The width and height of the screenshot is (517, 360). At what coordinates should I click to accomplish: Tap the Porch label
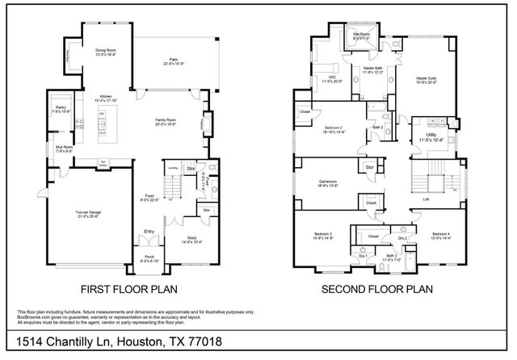point(149,258)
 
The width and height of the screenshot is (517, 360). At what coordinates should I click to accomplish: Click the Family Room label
point(166,120)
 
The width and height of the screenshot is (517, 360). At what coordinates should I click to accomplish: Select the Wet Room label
point(359,35)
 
